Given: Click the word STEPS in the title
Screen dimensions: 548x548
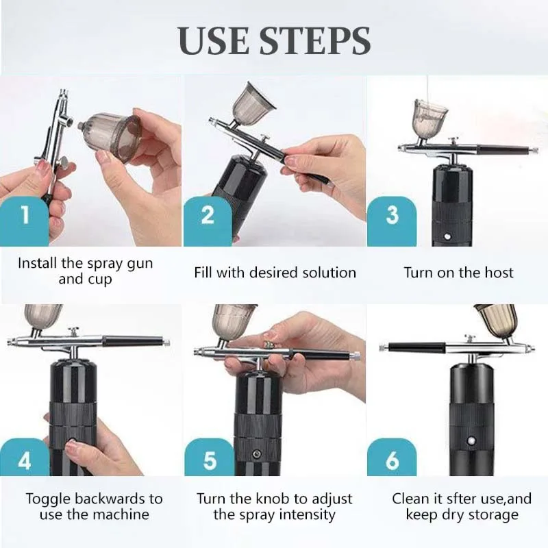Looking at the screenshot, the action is tap(314, 40).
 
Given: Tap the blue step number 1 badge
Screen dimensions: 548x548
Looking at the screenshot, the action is tap(25, 221).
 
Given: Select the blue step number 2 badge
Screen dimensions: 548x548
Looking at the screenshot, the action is tap(208, 221).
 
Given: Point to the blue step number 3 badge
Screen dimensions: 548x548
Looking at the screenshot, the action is tap(392, 221).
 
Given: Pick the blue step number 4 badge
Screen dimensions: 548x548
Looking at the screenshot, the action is tap(25, 457).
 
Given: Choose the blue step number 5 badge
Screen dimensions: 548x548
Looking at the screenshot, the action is tap(210, 457).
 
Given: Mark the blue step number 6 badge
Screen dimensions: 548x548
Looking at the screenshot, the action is tap(392, 457).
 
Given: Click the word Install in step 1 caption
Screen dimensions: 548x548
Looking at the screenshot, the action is tap(38, 263).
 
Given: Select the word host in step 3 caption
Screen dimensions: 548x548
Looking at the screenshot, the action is tap(499, 273).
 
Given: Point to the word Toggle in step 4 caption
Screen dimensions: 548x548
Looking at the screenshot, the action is tap(48, 499).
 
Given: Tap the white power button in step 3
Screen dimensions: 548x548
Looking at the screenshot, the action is tap(447, 236).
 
